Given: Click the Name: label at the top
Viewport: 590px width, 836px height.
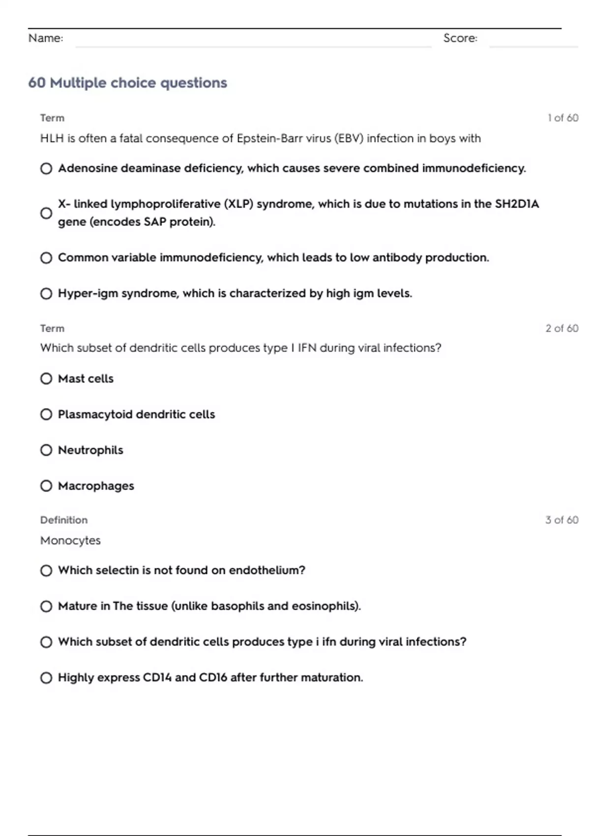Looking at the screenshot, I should pyautogui.click(x=46, y=38).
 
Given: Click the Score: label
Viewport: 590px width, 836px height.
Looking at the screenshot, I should pyautogui.click(x=460, y=38).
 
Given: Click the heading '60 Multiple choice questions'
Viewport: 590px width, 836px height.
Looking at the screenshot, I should pyautogui.click(x=127, y=83).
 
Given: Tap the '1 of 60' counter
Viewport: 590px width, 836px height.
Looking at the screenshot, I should pyautogui.click(x=563, y=118).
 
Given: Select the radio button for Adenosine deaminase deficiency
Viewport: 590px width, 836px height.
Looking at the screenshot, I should pyautogui.click(x=46, y=169).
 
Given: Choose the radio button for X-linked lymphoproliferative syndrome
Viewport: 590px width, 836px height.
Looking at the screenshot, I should pyautogui.click(x=46, y=213).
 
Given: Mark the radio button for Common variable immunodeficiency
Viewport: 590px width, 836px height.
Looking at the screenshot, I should pyautogui.click(x=46, y=258).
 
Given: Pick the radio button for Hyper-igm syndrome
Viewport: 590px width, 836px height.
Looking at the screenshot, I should pyautogui.click(x=46, y=294).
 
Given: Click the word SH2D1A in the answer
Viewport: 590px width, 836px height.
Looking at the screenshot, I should pyautogui.click(x=517, y=204).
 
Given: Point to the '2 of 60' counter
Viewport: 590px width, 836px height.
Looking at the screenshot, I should pyautogui.click(x=562, y=328).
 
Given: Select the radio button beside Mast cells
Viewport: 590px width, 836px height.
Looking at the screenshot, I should pyautogui.click(x=46, y=379).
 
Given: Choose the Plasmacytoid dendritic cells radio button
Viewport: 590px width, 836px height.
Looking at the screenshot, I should pyautogui.click(x=46, y=415).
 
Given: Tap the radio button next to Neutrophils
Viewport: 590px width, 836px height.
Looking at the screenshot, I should pyautogui.click(x=46, y=450).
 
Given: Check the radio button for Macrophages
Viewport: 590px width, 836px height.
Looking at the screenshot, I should pyautogui.click(x=46, y=486).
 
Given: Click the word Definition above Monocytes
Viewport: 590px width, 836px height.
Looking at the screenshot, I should pyautogui.click(x=64, y=520).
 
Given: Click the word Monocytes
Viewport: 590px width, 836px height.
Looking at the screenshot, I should pyautogui.click(x=70, y=540).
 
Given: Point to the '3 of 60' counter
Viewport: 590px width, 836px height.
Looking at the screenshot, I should pyautogui.click(x=562, y=520).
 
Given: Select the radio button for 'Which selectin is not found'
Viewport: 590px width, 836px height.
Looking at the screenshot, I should pyautogui.click(x=46, y=571).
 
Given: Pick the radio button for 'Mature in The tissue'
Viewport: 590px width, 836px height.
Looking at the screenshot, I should pyautogui.click(x=46, y=606).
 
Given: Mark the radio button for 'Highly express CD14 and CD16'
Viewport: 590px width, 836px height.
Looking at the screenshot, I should pyautogui.click(x=46, y=678).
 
